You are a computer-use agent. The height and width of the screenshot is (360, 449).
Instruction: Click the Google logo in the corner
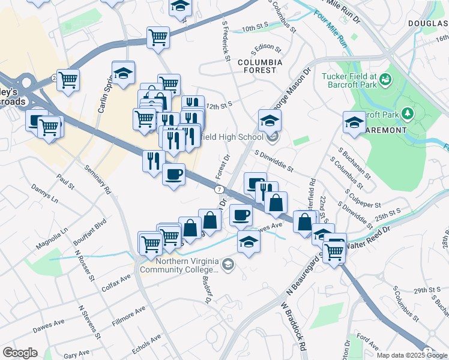(x=20, y=353)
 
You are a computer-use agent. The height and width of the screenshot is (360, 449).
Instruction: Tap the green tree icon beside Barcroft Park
(x=408, y=113)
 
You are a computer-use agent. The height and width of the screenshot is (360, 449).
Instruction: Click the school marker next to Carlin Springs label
(x=123, y=73)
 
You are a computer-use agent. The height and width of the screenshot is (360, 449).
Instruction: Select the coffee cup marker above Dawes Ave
(x=241, y=214)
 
